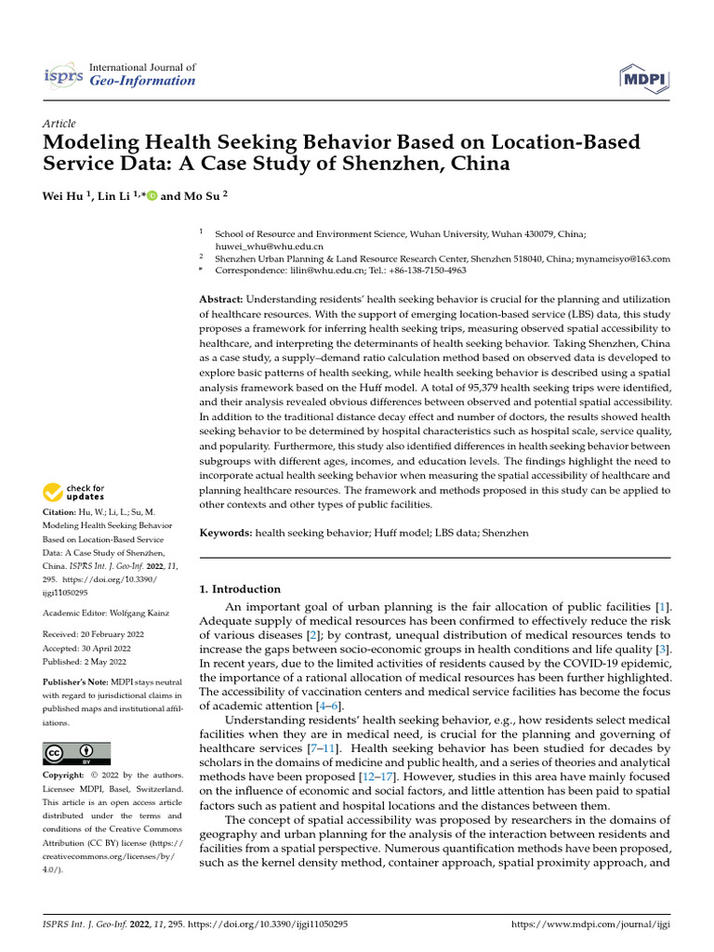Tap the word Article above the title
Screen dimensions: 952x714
click(59, 124)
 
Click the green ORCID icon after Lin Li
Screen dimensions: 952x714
click(152, 196)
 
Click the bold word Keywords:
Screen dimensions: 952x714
click(227, 534)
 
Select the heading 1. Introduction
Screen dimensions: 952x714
click(241, 589)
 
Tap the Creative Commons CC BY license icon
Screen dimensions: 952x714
click(77, 753)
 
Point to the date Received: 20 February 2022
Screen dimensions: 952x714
click(97, 634)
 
